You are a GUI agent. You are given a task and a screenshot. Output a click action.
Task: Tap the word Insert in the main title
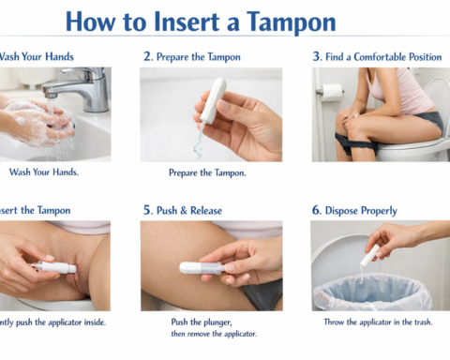pyautogui.click(x=179, y=22)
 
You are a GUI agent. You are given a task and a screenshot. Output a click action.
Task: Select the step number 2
pyautogui.click(x=147, y=57)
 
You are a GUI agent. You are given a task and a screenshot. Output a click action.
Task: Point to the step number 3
pyautogui.click(x=316, y=57)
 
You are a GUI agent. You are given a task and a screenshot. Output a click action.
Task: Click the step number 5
pyautogui.click(x=147, y=211)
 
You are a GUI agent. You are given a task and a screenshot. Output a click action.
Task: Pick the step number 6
pyautogui.click(x=316, y=211)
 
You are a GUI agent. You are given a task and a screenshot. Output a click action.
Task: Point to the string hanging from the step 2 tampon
pyautogui.click(x=199, y=139)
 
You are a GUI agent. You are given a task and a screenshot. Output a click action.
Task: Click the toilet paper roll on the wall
pyautogui.click(x=330, y=93)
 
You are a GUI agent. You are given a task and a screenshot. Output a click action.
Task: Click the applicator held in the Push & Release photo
pyautogui.click(x=201, y=267)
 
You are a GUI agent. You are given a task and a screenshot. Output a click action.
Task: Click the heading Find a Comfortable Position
pyautogui.click(x=384, y=57)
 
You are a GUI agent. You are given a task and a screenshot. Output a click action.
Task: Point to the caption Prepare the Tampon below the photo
pyautogui.click(x=207, y=173)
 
